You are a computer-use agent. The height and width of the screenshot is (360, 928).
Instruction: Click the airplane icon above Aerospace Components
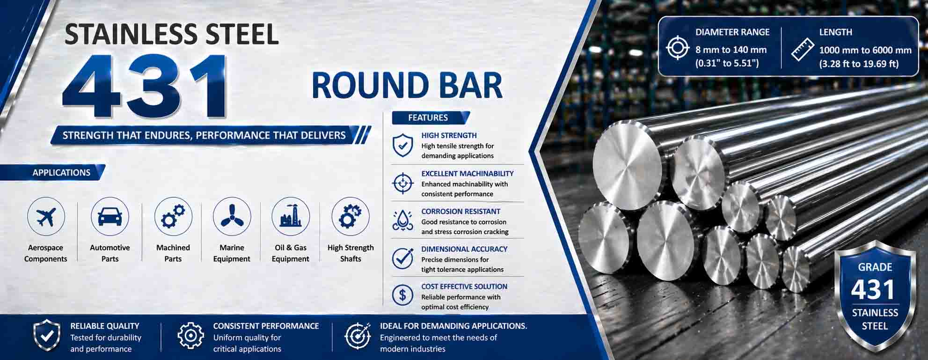point(45,216)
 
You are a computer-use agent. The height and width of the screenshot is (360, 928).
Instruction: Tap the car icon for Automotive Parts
point(110,216)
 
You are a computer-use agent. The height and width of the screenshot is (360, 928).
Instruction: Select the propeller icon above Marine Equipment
point(232,216)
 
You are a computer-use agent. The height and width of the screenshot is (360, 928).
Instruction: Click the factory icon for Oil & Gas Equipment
point(291,216)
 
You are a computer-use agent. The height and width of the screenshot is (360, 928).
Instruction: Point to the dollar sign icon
point(402,295)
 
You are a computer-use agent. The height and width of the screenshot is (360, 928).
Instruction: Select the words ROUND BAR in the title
point(407,86)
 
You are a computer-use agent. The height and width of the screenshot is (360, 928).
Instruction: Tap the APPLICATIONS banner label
point(61,172)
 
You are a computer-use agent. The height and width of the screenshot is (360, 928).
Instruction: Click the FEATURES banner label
point(428,118)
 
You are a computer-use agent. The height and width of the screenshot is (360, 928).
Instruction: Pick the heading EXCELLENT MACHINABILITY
point(467,173)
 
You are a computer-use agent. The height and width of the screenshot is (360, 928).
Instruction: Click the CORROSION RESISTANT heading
point(460,211)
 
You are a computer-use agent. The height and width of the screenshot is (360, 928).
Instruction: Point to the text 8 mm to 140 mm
point(731,50)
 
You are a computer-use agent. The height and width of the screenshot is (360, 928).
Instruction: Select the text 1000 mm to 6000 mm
point(865,50)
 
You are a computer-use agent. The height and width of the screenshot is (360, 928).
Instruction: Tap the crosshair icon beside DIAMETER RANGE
point(678,48)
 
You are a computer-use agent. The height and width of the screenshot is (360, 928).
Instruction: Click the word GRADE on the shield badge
point(875,267)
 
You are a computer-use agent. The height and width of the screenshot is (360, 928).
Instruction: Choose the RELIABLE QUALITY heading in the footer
point(105,326)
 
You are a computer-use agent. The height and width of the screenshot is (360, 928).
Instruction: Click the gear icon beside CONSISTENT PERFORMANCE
point(190,336)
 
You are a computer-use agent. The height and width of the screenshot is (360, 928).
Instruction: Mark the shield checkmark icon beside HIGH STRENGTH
point(402,145)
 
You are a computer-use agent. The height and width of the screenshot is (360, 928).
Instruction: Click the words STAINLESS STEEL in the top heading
point(172,34)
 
